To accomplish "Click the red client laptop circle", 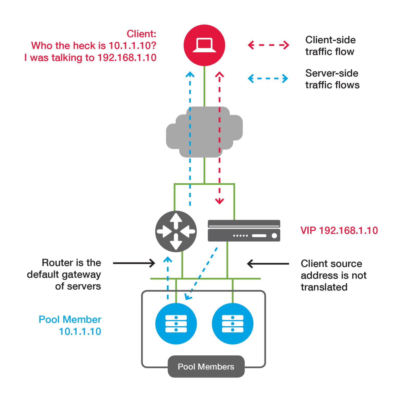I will [204, 45].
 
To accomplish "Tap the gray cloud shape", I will [204, 132].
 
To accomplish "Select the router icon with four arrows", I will [176, 231].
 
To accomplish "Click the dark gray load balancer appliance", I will [244, 231].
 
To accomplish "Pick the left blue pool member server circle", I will [176, 324].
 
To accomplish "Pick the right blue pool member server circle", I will [232, 324].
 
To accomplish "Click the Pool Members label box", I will [206, 366].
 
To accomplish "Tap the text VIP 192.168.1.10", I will [339, 230].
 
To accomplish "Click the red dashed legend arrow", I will [268, 45].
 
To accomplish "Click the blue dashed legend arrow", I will [268, 78].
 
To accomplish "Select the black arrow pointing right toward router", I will [134, 263].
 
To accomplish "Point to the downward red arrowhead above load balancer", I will [220, 201].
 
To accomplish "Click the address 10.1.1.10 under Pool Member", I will [80, 331].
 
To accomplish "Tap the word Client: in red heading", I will [141, 34].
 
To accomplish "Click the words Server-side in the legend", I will [332, 73].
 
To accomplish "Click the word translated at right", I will [324, 287].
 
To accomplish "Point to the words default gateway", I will [64, 275].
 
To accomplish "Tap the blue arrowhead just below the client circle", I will [190, 75].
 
